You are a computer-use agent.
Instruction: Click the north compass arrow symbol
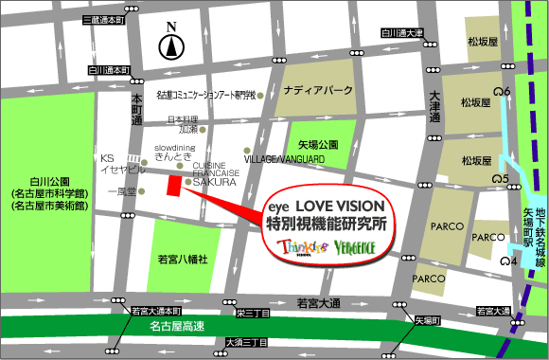pos(170,44)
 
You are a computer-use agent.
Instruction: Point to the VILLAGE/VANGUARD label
pos(285,160)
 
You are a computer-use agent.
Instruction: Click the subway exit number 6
pos(508,91)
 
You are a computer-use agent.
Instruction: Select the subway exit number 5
pos(506,178)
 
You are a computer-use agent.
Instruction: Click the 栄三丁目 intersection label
pos(255,311)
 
